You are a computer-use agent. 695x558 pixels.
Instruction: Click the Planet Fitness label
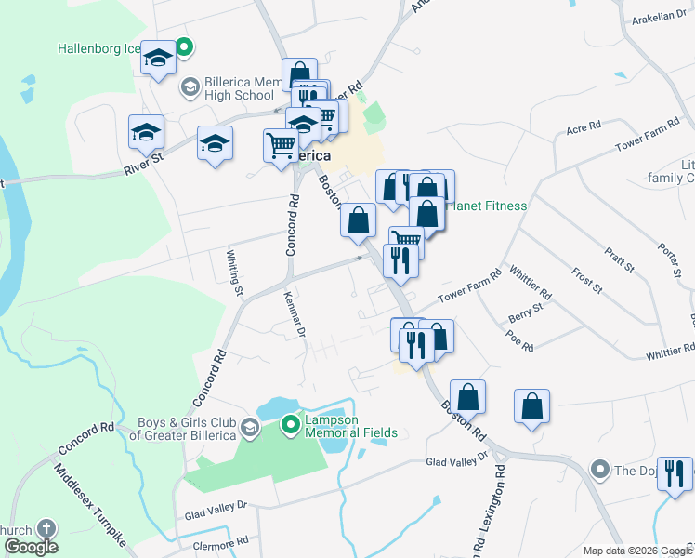(x=487, y=206)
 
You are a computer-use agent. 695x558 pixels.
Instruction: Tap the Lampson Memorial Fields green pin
(x=291, y=426)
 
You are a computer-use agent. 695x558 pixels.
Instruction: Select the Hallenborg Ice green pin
(x=185, y=46)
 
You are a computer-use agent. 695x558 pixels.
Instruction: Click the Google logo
(x=30, y=547)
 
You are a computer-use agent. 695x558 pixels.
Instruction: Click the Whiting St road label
(x=236, y=272)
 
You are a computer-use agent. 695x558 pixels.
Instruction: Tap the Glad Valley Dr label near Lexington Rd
(x=456, y=460)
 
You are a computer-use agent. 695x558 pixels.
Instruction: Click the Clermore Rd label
(x=216, y=540)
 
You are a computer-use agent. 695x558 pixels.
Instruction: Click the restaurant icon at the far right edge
(x=675, y=472)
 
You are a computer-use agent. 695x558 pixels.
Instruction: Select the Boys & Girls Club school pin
(x=249, y=428)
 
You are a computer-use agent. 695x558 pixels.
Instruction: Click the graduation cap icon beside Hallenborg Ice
(x=158, y=60)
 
